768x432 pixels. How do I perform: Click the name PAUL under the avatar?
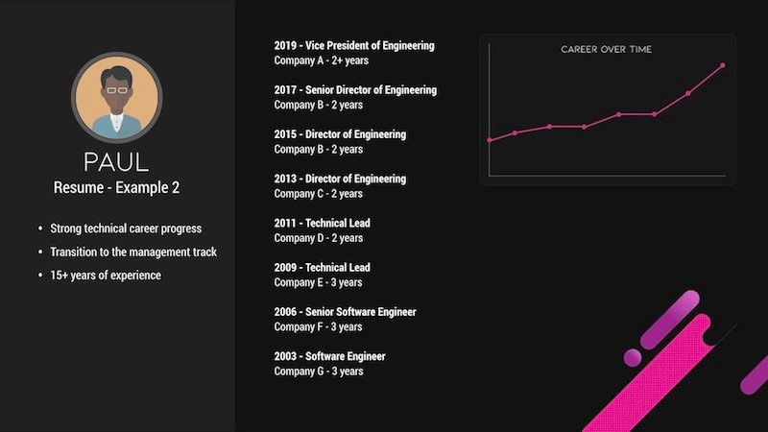point(116,160)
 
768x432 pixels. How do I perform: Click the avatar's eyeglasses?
point(116,89)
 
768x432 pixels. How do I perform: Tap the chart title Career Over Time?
point(607,49)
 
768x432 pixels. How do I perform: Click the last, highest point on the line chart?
point(722,65)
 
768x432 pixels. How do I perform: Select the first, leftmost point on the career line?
point(490,140)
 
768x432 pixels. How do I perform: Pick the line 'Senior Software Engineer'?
point(360,312)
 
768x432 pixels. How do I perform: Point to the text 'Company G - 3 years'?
point(318,372)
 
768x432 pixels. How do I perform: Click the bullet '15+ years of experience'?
point(106,276)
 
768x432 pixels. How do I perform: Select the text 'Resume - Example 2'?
point(116,188)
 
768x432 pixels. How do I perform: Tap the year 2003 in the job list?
point(286,357)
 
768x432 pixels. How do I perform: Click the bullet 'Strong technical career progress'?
point(126,228)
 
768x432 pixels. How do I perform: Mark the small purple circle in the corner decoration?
point(632,357)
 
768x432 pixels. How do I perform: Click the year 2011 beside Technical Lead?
point(286,223)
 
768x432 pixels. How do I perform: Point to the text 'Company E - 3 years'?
point(318,282)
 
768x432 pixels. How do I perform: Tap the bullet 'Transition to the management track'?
point(133,252)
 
